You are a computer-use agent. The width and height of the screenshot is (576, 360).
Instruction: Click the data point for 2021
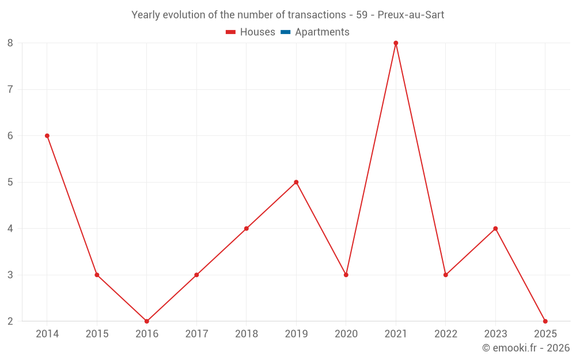pos(396,43)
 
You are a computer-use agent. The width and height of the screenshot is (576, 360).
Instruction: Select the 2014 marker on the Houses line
pos(47,136)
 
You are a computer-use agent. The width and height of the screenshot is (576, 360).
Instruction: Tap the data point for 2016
pos(147,321)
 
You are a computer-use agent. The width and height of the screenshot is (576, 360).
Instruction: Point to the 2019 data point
pos(296,182)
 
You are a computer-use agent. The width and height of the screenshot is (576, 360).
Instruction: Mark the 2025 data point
pos(545,321)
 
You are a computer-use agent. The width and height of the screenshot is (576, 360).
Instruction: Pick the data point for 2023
pos(495,229)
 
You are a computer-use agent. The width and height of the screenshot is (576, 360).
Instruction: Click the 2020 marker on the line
pos(346,275)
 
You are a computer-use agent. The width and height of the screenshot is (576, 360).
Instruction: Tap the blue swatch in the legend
pos(285,32)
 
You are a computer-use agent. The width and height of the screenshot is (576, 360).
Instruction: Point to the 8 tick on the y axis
pos(10,43)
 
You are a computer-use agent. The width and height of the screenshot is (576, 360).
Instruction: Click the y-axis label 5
pos(10,182)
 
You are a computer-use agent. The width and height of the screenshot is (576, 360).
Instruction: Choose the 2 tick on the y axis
pos(10,321)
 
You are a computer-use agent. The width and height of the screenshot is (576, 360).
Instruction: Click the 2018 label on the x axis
pos(247,334)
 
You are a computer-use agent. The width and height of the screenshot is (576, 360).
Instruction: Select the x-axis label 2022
pos(446,334)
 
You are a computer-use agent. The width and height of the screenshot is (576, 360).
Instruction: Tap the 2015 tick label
pos(97,334)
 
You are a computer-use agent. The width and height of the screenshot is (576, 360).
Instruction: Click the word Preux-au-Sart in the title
pos(411,15)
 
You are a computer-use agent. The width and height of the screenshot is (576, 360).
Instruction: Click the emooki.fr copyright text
pos(526,348)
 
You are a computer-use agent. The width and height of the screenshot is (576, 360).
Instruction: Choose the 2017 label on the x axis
pos(196,334)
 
